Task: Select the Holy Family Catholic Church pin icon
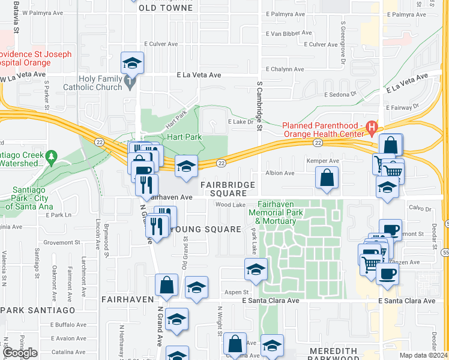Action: (129, 80)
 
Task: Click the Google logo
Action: (20, 353)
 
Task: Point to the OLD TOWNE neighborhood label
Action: (166, 8)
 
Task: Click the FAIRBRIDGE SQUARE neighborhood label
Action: (228, 189)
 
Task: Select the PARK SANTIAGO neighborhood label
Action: (38, 310)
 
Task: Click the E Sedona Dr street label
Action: (340, 95)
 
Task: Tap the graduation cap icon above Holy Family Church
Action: (133, 62)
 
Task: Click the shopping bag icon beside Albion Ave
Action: (328, 177)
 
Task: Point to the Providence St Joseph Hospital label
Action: (36, 58)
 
